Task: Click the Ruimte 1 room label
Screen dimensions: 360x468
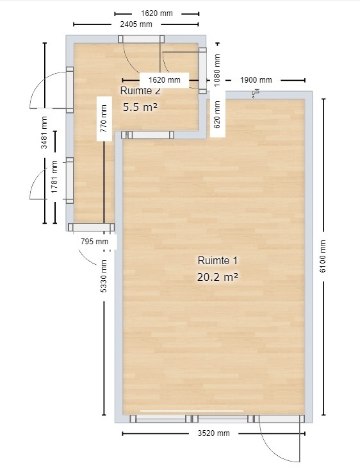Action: [x=217, y=260]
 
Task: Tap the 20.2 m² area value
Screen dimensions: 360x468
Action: [x=217, y=278]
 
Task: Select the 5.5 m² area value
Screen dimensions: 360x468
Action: [x=140, y=107]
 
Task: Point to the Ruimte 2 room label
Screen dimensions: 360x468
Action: [x=140, y=91]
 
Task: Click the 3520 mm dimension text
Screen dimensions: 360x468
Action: [x=213, y=433]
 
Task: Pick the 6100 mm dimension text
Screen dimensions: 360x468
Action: [x=323, y=256]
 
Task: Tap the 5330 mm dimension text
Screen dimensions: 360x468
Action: [x=104, y=276]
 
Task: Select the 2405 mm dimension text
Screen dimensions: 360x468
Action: [x=136, y=24]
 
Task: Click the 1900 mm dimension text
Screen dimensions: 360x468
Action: [x=256, y=80]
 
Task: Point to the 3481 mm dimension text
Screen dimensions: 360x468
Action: [x=44, y=133]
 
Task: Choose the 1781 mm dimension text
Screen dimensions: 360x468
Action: [x=54, y=177]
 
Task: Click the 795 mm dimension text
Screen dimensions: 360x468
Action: [x=95, y=241]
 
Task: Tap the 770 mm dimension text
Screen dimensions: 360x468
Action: [x=104, y=119]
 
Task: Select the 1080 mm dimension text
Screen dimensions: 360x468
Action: [x=217, y=70]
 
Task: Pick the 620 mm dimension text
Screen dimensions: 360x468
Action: [x=217, y=115]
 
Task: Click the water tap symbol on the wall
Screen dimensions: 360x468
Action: [x=256, y=94]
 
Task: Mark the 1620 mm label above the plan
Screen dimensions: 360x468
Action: [x=156, y=13]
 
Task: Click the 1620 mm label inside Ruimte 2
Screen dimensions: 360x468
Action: [x=165, y=80]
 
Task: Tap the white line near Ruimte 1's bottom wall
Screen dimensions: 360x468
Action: [x=192, y=411]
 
